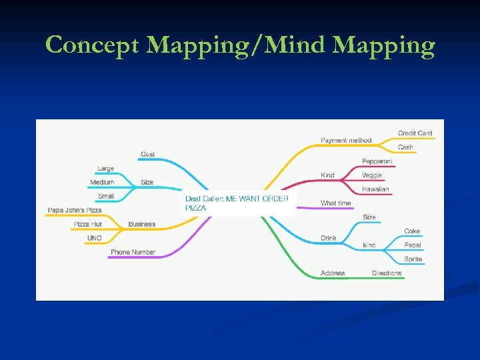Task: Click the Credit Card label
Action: [415, 133]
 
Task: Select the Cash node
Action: [405, 147]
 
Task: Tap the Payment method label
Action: [346, 141]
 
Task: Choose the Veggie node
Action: [372, 175]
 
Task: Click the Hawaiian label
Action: [375, 189]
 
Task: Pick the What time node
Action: [335, 203]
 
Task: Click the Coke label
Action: [412, 231]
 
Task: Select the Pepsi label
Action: [413, 245]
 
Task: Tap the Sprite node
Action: [413, 259]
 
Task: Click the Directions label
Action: [387, 273]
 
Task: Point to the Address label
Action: [333, 273]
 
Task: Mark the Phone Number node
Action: [133, 252]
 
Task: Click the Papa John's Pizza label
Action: [75, 211]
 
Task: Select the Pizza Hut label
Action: [87, 225]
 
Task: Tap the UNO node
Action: [94, 238]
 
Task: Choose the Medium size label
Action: [102, 183]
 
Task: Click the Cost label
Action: [147, 155]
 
